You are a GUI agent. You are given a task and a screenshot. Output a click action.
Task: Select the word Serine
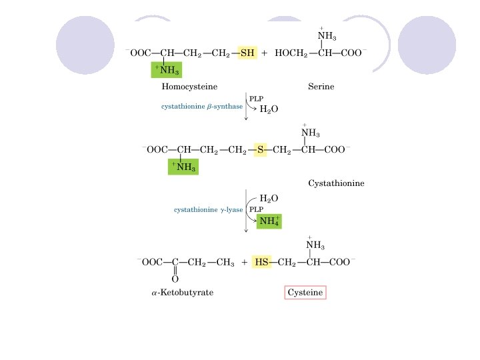pyautogui.click(x=321, y=87)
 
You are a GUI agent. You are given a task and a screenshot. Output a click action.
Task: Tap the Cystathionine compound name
pyautogui.click(x=336, y=183)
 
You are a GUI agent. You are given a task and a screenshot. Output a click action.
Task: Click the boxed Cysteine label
pyautogui.click(x=305, y=293)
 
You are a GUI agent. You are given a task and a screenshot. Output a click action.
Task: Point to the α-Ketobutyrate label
pyautogui.click(x=182, y=293)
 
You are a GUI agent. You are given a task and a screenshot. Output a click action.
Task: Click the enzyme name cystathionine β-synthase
pyautogui.click(x=202, y=107)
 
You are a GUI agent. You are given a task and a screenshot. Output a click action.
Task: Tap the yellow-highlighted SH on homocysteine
pyautogui.click(x=247, y=53)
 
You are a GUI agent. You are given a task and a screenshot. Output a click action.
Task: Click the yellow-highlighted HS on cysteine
pyautogui.click(x=261, y=263)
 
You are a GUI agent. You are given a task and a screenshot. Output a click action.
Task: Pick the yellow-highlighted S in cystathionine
pyautogui.click(x=261, y=150)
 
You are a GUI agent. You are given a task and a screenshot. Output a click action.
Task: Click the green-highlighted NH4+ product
pyautogui.click(x=269, y=221)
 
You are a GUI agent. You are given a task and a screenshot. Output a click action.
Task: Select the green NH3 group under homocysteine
pyautogui.click(x=167, y=69)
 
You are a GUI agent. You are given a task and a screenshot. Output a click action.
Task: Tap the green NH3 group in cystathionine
pyautogui.click(x=183, y=167)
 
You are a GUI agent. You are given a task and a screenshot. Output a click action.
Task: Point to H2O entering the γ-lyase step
pyautogui.click(x=269, y=198)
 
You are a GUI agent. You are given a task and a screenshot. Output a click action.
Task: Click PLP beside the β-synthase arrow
pyautogui.click(x=256, y=99)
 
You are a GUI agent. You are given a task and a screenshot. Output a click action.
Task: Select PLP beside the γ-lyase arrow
pyautogui.click(x=256, y=209)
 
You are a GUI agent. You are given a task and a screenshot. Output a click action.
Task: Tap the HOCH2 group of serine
pyautogui.click(x=288, y=53)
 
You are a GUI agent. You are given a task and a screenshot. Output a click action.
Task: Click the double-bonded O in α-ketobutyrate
pyautogui.click(x=175, y=279)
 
